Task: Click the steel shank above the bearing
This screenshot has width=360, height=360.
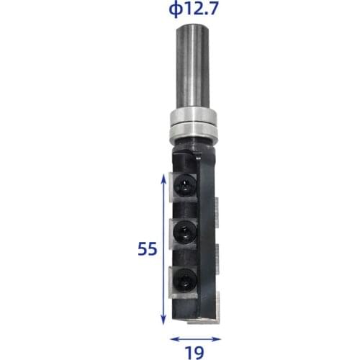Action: click(193, 65)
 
